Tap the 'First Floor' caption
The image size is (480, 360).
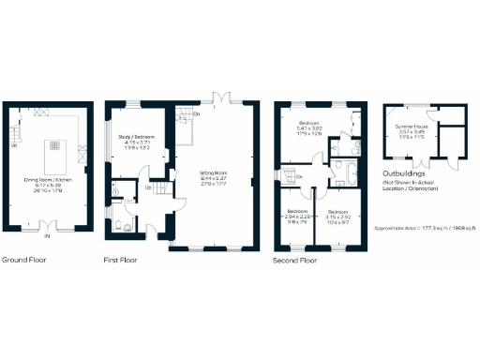[120, 259]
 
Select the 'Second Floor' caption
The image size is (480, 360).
[294, 259]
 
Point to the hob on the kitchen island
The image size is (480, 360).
[55, 145]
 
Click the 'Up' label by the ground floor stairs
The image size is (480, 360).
[14, 145]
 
